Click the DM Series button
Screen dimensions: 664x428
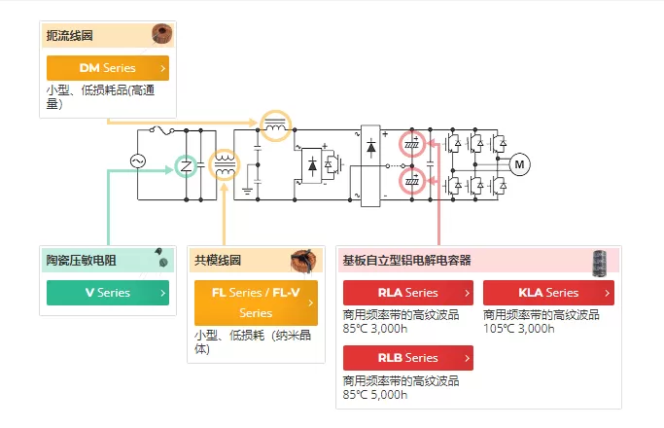click(x=108, y=68)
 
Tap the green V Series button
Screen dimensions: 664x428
click(x=108, y=293)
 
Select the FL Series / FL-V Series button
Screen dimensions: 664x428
click(x=256, y=303)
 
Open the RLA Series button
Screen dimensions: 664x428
click(x=408, y=293)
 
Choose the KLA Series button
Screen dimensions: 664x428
click(x=548, y=293)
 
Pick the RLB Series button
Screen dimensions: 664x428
click(x=408, y=358)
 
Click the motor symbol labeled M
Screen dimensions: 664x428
click(x=519, y=164)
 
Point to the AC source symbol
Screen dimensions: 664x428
click(x=138, y=161)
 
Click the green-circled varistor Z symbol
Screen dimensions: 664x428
click(x=186, y=166)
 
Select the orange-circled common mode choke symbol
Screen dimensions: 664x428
click(x=225, y=164)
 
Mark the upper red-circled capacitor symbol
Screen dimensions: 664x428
click(x=412, y=144)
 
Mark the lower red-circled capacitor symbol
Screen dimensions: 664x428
click(x=412, y=181)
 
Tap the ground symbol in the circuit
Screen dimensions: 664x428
click(x=247, y=191)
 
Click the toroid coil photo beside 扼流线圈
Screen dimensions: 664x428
click(x=162, y=33)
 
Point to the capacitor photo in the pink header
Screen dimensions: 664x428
click(x=599, y=263)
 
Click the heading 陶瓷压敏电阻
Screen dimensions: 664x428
click(x=82, y=260)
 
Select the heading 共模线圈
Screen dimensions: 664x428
click(x=218, y=260)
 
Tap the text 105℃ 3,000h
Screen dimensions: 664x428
click(x=519, y=329)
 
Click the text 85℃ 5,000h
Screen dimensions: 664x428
click(x=375, y=395)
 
